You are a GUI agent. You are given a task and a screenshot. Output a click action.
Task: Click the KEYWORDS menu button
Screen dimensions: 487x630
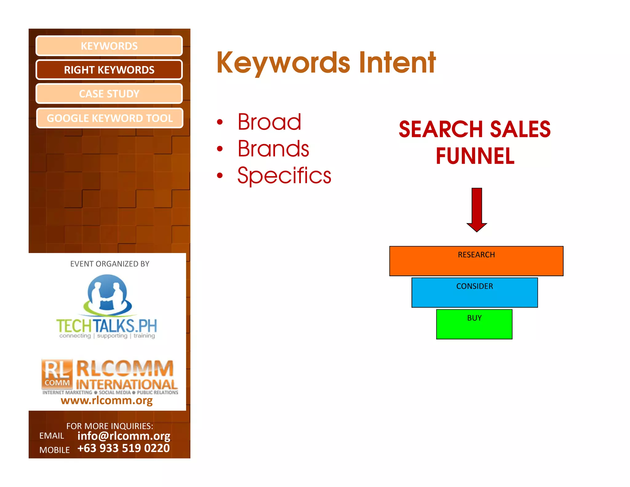click(109, 46)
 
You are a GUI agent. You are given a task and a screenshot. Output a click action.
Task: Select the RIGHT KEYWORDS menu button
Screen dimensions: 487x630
click(109, 70)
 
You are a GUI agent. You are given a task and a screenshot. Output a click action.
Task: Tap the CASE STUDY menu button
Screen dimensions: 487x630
click(109, 94)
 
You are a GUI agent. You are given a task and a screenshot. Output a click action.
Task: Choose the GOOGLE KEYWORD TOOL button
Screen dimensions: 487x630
click(110, 118)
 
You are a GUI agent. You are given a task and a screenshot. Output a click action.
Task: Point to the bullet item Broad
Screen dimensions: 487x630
click(269, 122)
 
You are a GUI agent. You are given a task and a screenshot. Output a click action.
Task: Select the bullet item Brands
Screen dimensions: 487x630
click(273, 149)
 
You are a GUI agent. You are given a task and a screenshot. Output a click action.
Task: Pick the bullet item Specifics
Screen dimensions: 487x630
click(284, 175)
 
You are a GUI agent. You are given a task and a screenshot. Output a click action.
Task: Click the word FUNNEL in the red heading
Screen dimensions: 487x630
click(475, 156)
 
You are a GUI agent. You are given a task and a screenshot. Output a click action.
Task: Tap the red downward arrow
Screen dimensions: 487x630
click(477, 209)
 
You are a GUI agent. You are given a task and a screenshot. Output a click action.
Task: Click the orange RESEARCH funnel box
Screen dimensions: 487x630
click(476, 261)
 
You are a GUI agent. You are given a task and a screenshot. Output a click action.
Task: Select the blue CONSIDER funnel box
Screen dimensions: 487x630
click(475, 292)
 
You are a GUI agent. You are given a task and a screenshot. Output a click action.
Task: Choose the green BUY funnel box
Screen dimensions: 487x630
click(474, 324)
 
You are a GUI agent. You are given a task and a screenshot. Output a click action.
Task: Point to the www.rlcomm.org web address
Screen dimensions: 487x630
click(107, 400)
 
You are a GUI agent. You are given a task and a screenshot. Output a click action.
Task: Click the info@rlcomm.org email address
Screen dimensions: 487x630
click(124, 436)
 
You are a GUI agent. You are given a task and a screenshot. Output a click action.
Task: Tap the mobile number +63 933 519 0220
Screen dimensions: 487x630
click(124, 448)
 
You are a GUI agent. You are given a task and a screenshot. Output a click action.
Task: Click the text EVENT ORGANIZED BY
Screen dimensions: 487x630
click(110, 264)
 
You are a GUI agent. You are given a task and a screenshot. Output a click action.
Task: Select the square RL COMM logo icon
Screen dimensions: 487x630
click(57, 374)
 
